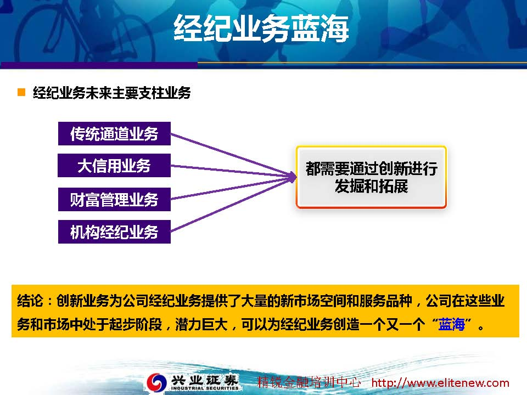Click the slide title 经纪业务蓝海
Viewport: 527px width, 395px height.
pos(261,28)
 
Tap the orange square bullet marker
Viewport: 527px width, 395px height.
pos(21,92)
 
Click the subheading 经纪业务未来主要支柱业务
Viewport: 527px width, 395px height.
pos(111,93)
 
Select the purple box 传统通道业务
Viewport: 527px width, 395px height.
pos(114,134)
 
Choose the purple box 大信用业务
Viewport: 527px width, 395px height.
pos(114,165)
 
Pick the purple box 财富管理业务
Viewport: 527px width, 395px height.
pos(114,200)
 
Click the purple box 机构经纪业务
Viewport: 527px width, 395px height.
pos(114,232)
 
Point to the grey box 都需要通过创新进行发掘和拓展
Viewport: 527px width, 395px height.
pos(371,177)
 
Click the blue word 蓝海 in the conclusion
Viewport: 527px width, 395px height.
pos(451,324)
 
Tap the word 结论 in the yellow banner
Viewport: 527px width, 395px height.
pos(30,301)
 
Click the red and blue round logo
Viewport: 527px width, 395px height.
pos(156,382)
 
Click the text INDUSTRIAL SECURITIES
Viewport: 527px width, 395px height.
pos(205,388)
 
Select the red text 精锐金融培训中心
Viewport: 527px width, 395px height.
pos(309,382)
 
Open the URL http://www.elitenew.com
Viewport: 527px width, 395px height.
pos(440,383)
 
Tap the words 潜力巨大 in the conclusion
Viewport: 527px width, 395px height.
pos(201,324)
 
